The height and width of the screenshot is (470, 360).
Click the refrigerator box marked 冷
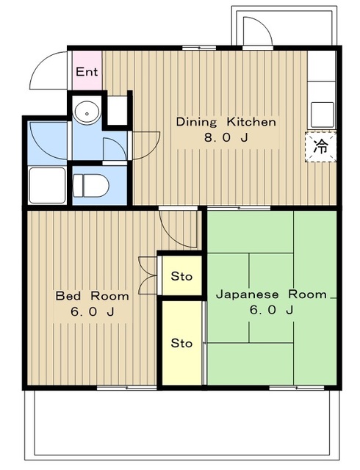coord(321,145)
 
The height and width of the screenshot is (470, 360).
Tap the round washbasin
coord(87,112)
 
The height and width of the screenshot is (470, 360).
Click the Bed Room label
coord(93,296)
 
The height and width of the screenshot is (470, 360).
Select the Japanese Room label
coord(271,294)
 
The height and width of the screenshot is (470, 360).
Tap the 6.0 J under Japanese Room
coord(271,310)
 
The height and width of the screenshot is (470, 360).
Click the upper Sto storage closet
coord(181,276)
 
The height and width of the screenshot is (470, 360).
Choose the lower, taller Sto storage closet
coord(181,343)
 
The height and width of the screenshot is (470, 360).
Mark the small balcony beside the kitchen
coord(261,28)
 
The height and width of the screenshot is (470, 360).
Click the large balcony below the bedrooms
coord(184,426)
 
